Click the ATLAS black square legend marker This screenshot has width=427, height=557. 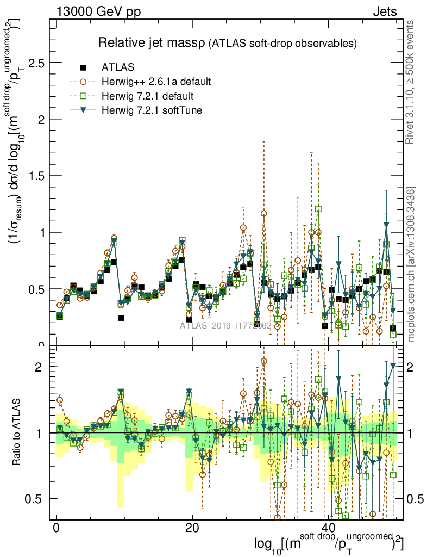[83, 67]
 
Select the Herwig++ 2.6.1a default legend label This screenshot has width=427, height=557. [156, 82]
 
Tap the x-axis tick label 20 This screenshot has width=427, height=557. [192, 528]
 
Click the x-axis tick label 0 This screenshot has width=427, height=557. [56, 528]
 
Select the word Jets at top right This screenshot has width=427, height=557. [385, 11]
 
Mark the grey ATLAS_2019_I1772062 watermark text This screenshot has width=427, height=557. [225, 326]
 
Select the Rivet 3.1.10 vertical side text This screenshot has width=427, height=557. [411, 82]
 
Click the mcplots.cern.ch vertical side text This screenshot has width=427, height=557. [411, 264]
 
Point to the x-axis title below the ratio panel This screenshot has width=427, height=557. [329, 544]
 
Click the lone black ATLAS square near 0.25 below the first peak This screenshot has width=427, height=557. [121, 318]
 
